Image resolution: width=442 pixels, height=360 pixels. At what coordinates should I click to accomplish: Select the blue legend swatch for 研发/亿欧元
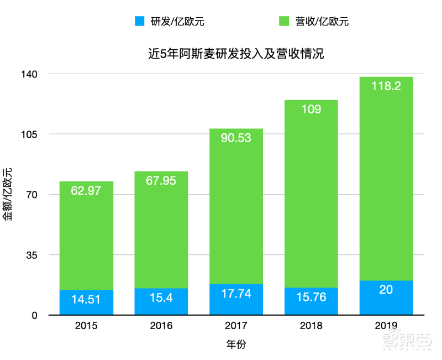[139, 22]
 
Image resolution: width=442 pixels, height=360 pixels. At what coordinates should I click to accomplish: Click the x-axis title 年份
[236, 344]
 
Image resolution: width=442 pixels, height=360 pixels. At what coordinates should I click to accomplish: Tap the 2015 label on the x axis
[86, 326]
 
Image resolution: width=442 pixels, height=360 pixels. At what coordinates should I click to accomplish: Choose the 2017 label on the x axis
[236, 326]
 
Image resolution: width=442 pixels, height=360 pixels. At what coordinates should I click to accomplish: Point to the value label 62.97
[86, 191]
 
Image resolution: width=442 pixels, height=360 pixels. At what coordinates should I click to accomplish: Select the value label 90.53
[236, 138]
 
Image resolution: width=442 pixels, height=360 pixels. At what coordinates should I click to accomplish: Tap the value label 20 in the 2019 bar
[386, 289]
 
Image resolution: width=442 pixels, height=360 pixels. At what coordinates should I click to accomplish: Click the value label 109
[311, 109]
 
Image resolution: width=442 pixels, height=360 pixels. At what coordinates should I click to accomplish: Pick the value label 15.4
[161, 298]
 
